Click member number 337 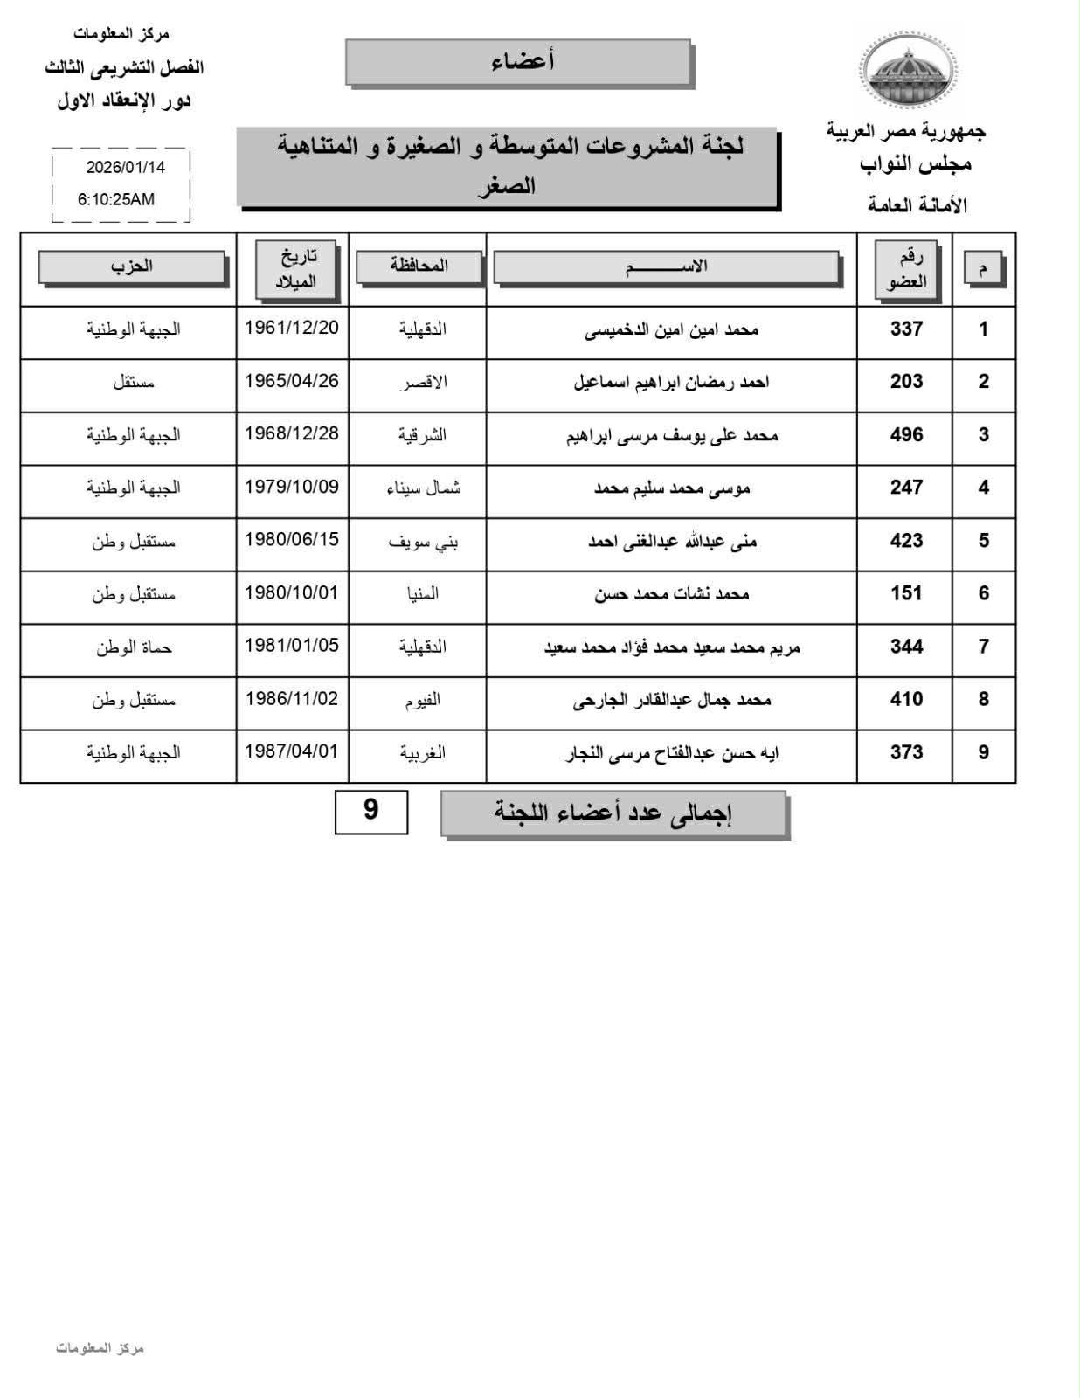point(906,329)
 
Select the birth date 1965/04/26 point(291,381)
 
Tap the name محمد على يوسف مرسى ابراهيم point(671,435)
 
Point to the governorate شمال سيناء point(423,488)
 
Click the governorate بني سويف point(423,541)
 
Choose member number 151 point(906,593)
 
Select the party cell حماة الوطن point(134,647)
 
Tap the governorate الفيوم point(423,699)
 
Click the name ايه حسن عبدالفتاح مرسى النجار point(672,752)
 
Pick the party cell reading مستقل point(134,382)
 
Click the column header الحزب point(132,266)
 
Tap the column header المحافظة point(419,266)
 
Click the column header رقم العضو point(906,269)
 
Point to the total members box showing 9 point(370,811)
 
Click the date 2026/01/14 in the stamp point(125,166)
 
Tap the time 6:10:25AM point(116,199)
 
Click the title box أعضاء point(519,62)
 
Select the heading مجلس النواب point(915,163)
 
